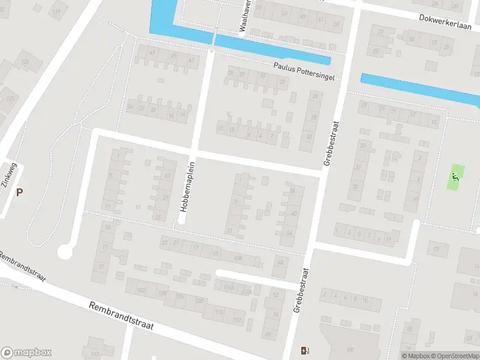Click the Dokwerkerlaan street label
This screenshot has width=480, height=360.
tap(445, 21)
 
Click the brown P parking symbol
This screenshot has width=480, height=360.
tap(20, 193)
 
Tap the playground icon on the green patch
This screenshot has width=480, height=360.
tap(455, 177)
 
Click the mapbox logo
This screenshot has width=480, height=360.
tap(26, 353)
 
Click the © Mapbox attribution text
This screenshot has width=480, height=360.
tap(415, 356)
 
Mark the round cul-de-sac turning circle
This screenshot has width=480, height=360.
tap(64, 252)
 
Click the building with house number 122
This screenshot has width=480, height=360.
tap(25, 62)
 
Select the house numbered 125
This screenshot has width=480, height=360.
tap(10, 98)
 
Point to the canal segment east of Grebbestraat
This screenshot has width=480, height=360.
tap(420, 89)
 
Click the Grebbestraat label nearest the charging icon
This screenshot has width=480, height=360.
tap(300, 290)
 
